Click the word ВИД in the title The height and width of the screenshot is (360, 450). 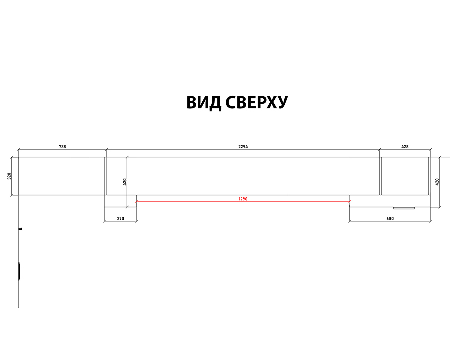click(204, 102)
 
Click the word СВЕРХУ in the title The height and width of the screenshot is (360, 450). click(257, 102)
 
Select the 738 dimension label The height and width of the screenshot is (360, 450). click(62, 147)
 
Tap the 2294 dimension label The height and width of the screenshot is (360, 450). click(243, 147)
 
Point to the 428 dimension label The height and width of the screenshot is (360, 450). click(405, 147)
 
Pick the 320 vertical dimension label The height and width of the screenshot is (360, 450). click(9, 176)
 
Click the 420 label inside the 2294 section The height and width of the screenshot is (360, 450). click(125, 182)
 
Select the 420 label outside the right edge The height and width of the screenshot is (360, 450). click(437, 182)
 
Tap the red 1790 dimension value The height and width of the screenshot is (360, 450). click(243, 199)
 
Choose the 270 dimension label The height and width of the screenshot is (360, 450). click(121, 219)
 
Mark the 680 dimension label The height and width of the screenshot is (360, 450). click(390, 219)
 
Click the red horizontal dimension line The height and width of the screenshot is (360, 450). click(243, 202)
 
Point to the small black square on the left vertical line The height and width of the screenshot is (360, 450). click(20, 229)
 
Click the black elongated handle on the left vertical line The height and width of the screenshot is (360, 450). click(19, 271)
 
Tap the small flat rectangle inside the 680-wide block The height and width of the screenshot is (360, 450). click(404, 208)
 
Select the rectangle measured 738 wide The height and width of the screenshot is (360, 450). click(61, 176)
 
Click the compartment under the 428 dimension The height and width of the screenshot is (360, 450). click(405, 176)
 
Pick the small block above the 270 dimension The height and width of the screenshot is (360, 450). click(120, 201)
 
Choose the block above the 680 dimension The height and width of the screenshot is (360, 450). click(389, 201)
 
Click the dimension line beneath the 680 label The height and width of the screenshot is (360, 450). click(390, 221)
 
